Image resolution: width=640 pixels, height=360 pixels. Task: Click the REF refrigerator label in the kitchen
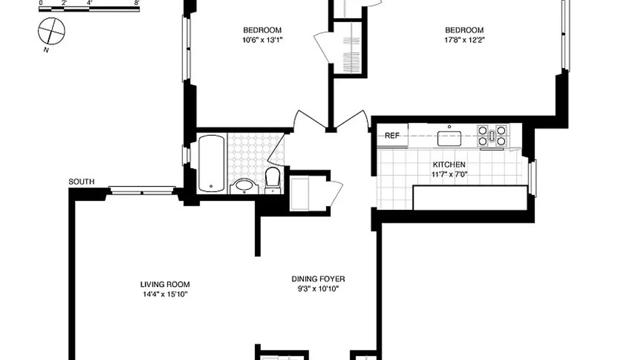(392, 136)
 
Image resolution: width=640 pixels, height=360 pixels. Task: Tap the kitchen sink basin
(449, 138)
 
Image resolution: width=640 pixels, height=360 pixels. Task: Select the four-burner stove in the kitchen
(492, 136)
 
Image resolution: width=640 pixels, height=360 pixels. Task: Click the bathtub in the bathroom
(211, 163)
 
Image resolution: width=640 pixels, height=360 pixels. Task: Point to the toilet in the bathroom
(273, 180)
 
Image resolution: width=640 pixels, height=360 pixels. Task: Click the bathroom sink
(244, 186)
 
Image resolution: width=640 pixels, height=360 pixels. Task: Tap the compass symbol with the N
(51, 31)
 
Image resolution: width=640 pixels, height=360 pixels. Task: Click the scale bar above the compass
(89, 9)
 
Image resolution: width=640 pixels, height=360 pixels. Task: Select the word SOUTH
(82, 182)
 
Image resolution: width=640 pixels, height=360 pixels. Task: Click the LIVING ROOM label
(165, 284)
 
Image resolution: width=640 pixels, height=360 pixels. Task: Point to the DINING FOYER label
(318, 279)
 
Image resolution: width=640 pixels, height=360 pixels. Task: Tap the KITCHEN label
(449, 164)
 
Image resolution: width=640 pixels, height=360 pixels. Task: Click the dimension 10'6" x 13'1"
(262, 40)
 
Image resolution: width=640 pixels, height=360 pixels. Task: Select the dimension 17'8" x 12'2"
(464, 40)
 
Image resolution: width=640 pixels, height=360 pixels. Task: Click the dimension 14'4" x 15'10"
(165, 294)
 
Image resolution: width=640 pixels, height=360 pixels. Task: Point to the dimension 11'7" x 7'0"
(449, 174)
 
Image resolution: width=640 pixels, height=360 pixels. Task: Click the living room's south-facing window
(142, 191)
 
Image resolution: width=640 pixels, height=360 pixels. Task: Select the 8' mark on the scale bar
(137, 3)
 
